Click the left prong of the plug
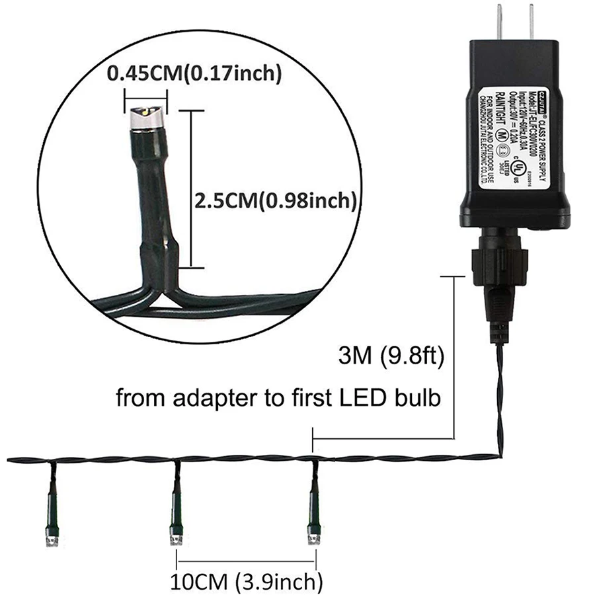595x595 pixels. click(x=500, y=23)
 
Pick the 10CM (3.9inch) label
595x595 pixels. click(x=247, y=582)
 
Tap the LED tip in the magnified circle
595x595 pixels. click(x=146, y=118)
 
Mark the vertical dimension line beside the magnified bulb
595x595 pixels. click(x=192, y=188)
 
